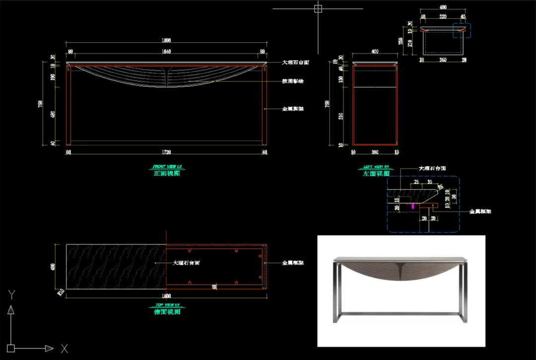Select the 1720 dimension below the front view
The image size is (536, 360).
[166, 153]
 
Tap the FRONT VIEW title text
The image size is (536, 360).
[166, 167]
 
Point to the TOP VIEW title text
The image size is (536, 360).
[167, 305]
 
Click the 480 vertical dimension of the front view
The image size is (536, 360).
[54, 115]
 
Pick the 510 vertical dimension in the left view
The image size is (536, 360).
[340, 117]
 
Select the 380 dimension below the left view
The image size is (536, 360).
[375, 153]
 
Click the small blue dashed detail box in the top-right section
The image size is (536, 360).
[463, 30]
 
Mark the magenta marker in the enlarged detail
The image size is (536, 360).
[414, 205]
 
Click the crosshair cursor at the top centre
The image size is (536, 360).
[318, 8]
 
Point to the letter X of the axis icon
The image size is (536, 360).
[64, 349]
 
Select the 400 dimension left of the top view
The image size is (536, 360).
[54, 266]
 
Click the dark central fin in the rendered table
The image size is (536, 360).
[401, 271]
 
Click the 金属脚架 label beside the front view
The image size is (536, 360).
[293, 109]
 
